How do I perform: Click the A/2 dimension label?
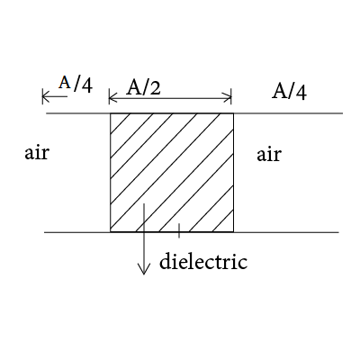click(143, 87)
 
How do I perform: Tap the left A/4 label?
click(76, 84)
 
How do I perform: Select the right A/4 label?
click(290, 92)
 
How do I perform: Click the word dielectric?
click(203, 261)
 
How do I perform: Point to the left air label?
click(36, 153)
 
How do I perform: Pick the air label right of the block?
click(269, 155)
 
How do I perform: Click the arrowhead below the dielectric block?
click(144, 269)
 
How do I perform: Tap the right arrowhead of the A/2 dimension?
click(228, 97)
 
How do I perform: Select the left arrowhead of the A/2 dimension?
click(112, 97)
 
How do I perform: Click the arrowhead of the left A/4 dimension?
click(46, 96)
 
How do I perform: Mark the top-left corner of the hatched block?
click(111, 113)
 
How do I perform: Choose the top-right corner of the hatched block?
click(233, 113)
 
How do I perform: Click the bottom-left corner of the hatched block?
click(111, 232)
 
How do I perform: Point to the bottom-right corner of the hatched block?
click(233, 232)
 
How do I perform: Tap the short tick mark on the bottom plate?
click(179, 230)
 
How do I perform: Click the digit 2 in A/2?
click(155, 88)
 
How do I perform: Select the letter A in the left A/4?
click(65, 83)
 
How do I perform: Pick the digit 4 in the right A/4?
click(301, 93)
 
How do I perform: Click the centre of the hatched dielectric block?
click(172, 173)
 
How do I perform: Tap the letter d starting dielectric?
click(165, 261)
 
